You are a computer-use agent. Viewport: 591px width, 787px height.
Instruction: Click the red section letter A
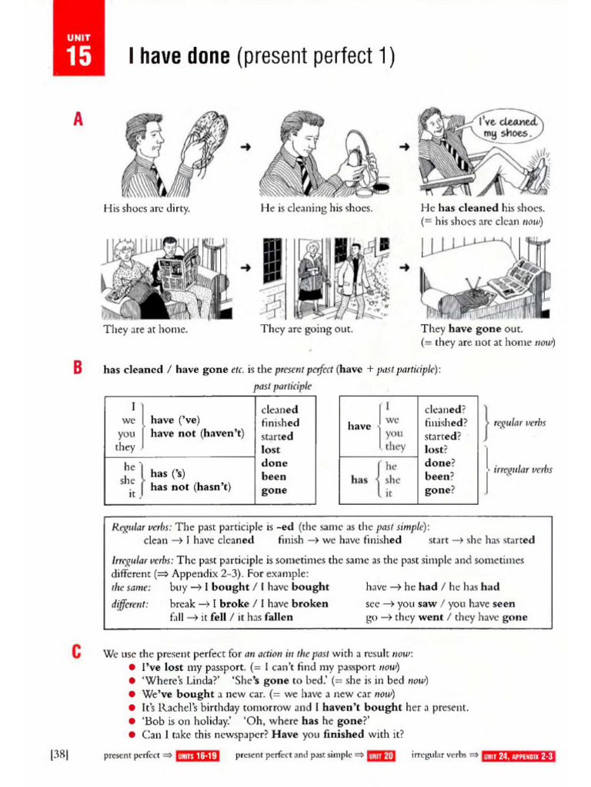(77, 121)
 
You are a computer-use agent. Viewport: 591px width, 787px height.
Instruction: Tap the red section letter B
(77, 368)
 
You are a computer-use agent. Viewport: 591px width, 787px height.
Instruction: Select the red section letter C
(77, 653)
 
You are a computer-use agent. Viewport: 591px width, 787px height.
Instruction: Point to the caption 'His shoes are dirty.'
(146, 208)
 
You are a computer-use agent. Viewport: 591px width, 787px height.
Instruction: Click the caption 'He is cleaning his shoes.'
(316, 208)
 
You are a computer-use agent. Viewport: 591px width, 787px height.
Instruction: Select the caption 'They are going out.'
(306, 329)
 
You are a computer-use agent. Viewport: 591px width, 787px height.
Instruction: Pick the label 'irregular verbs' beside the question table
(522, 470)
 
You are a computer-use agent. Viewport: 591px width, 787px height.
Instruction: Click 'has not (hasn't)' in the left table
(191, 486)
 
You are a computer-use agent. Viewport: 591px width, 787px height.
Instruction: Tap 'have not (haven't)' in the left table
(197, 433)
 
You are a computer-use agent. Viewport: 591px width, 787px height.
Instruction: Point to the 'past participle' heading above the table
(282, 386)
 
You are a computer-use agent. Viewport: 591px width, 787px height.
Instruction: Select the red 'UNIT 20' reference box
(381, 756)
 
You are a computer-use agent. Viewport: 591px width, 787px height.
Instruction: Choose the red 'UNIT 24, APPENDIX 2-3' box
(519, 756)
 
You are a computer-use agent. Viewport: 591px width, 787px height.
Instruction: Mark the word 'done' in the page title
(202, 57)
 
